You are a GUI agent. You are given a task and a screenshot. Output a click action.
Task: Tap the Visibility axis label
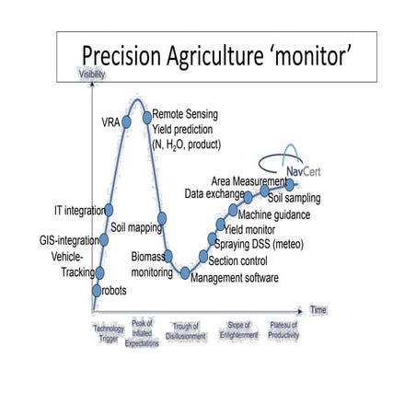pyautogui.click(x=91, y=75)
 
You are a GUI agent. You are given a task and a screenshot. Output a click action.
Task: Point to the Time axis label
pyautogui.click(x=318, y=310)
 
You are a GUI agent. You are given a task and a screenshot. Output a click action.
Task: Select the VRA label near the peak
pyautogui.click(x=110, y=121)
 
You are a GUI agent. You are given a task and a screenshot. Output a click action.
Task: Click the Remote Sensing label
pyautogui.click(x=184, y=113)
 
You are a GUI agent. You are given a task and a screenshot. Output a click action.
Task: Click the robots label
pyautogui.click(x=113, y=291)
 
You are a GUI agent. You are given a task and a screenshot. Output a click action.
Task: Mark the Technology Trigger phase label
pyautogui.click(x=108, y=332)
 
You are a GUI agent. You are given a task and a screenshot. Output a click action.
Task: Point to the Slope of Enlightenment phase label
pyautogui.click(x=238, y=330)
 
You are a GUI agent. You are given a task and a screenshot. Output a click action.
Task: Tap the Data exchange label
pyautogui.click(x=213, y=194)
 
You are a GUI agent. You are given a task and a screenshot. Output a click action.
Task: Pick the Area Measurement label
pyautogui.click(x=248, y=179)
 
